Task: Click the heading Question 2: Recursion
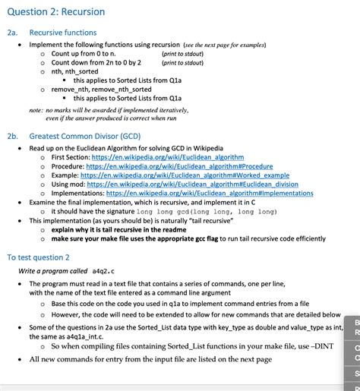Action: point(55,12)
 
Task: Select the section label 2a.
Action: point(12,33)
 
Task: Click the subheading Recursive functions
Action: point(63,33)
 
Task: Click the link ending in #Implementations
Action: point(210,193)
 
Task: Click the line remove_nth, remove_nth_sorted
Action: point(96,90)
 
